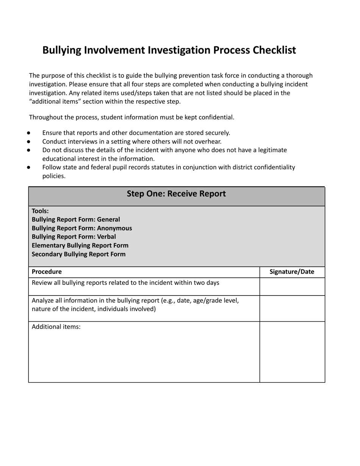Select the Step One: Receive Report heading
tap(176, 194)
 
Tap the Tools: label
tap(40, 211)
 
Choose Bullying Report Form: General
tap(76, 220)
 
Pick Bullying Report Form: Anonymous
tap(82, 228)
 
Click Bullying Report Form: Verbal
tap(74, 237)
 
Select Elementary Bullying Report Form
tap(80, 246)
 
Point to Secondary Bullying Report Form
tap(78, 254)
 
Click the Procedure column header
tap(47, 272)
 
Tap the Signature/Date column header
tap(292, 272)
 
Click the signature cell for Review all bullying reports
tap(292, 286)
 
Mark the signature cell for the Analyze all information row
tap(292, 308)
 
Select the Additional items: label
tap(56, 327)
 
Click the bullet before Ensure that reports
tap(29, 133)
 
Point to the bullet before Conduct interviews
tap(29, 142)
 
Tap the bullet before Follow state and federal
tap(29, 167)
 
